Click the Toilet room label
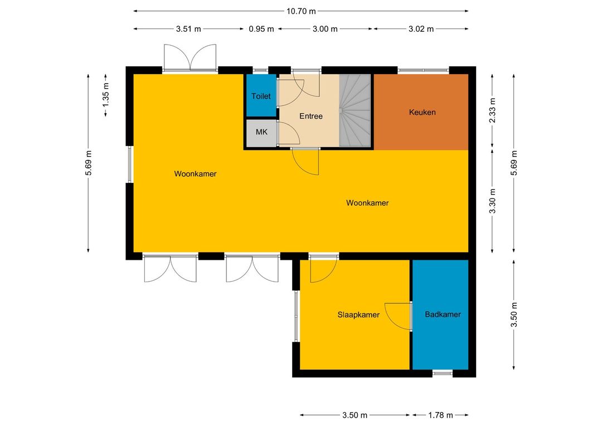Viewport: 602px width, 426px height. tap(261, 96)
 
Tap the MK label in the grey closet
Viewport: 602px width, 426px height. tap(261, 132)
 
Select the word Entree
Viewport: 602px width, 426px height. tap(311, 116)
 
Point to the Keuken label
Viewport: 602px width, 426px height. tap(423, 112)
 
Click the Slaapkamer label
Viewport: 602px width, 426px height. tap(358, 315)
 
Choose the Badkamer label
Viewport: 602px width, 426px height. tap(443, 314)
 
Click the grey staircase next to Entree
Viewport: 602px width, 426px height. tap(355, 110)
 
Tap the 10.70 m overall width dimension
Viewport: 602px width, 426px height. tap(301, 11)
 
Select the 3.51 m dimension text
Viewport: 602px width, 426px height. tap(188, 29)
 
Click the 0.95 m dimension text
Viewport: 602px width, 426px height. tap(261, 29)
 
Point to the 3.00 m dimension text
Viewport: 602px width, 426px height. tap(325, 29)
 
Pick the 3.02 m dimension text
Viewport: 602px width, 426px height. tap(421, 29)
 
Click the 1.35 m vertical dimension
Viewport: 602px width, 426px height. tap(106, 94)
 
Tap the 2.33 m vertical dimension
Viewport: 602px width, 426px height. tap(493, 110)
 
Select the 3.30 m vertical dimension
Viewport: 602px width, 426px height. tap(493, 201)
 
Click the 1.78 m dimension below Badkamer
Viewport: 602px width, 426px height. tap(441, 415)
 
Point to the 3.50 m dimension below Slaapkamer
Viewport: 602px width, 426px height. tap(355, 415)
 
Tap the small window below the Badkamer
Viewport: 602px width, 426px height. tap(443, 373)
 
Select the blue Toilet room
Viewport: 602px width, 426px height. tap(261, 95)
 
